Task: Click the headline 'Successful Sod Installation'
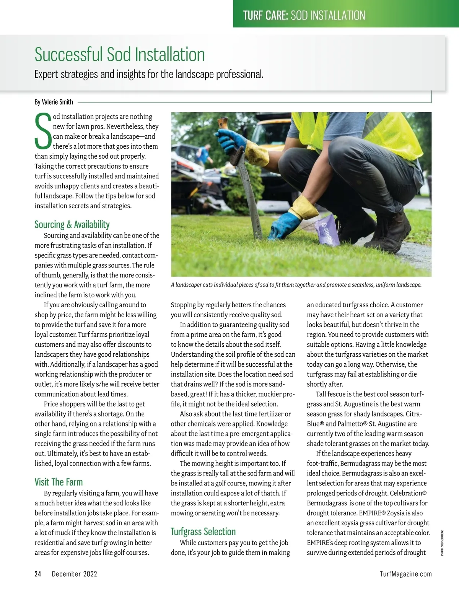click(120, 54)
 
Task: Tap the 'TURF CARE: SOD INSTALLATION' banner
click(304, 15)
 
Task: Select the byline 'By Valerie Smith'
click(54, 102)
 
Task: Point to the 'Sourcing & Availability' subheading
click(72, 225)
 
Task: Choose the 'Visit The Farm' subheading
click(59, 482)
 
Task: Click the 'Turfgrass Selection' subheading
click(203, 532)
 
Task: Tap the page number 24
click(38, 574)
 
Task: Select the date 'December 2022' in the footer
click(74, 574)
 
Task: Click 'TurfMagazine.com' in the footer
click(406, 574)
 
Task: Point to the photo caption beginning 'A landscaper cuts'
click(296, 285)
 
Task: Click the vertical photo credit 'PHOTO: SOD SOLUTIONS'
click(442, 542)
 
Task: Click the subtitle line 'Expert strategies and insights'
click(148, 74)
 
